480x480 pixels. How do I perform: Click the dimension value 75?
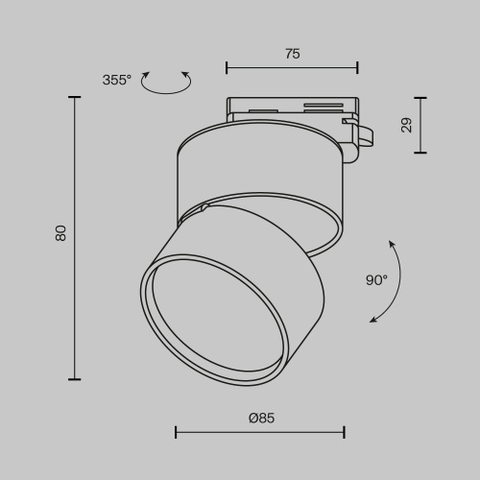coord(292,54)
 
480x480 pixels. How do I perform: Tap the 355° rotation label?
coord(116,80)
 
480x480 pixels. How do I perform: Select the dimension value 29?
coord(405,124)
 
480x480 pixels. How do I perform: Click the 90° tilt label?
coord(376,280)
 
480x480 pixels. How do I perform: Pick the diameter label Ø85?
coord(261,418)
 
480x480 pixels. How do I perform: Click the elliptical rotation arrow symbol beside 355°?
coord(165,83)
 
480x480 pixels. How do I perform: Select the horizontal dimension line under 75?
coord(292,67)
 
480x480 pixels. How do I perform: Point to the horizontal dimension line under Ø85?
coord(260,432)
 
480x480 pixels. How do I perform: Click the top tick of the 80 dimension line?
coord(75,97)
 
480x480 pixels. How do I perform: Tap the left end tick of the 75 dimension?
coord(227,67)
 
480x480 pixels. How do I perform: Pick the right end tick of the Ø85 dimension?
coord(345,432)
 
